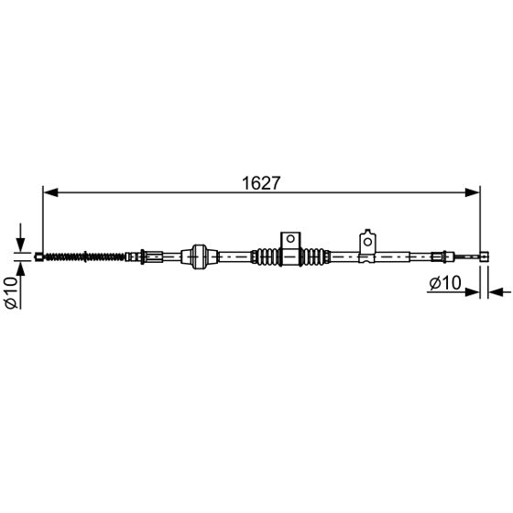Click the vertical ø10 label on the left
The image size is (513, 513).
(x=11, y=290)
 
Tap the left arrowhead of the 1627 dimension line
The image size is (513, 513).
(x=50, y=192)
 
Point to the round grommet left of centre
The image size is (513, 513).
(x=199, y=256)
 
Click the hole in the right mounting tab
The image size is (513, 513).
(x=367, y=241)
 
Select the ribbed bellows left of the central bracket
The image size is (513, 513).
(x=267, y=257)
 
